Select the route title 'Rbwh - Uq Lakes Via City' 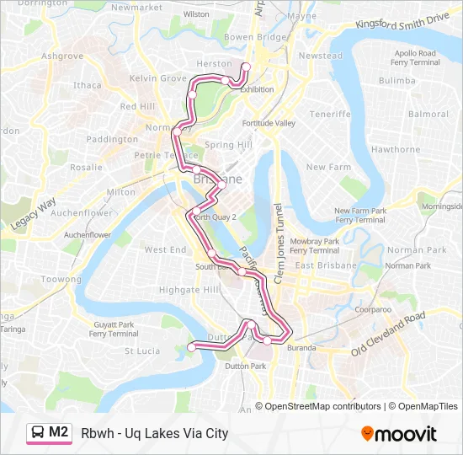tap(155, 434)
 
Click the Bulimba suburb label tap(397, 81)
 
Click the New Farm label tap(328, 167)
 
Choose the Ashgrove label tap(62, 56)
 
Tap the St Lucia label tap(142, 351)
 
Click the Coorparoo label tap(373, 309)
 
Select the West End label tap(165, 249)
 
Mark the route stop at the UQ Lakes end tap(191, 346)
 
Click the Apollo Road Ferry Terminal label tap(415, 57)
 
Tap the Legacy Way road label tap(34, 214)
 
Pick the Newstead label tap(321, 56)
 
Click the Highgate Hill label tap(189, 289)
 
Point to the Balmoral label tap(428, 114)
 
